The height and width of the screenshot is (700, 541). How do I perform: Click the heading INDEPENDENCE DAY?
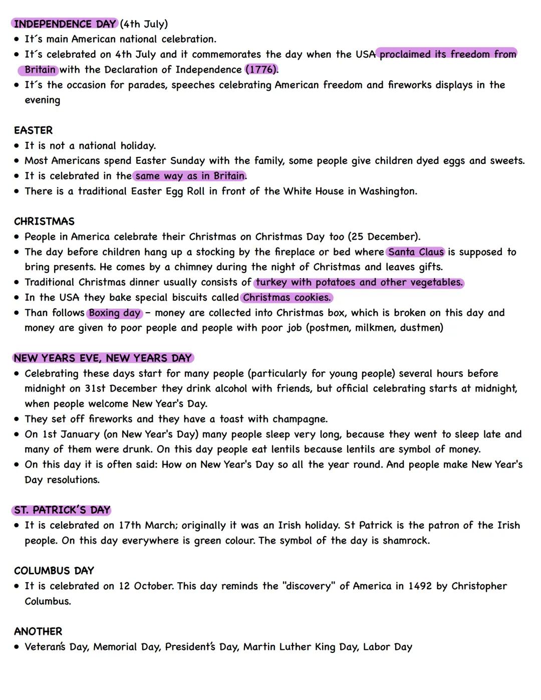65,24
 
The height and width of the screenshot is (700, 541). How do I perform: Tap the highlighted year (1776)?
261,70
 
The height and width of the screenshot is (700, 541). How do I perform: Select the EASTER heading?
33,130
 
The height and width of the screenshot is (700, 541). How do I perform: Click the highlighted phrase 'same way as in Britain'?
190,176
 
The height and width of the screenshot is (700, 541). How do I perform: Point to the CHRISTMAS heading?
44,221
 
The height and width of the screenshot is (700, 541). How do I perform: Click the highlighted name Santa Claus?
416,252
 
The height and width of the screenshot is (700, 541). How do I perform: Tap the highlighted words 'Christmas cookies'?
287,298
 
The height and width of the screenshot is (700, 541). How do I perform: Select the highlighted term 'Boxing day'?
115,313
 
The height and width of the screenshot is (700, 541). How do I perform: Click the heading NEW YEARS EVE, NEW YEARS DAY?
103,358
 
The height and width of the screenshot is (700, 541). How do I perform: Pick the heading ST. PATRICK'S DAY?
62,510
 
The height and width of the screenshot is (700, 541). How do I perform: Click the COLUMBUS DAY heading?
54,571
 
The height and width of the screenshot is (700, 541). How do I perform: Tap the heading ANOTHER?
38,631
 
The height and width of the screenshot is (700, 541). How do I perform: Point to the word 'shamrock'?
405,541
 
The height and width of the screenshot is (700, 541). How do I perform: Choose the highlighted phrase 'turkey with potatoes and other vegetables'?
359,283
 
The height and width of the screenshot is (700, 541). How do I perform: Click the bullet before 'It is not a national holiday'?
17,146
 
